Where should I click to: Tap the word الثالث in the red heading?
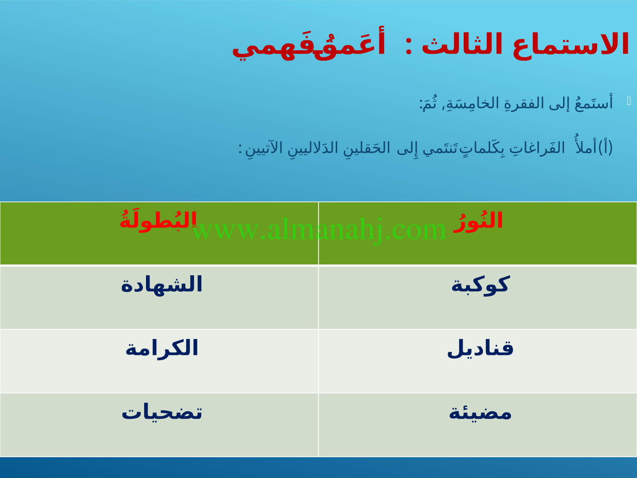(x=462, y=43)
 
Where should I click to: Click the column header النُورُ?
(x=478, y=221)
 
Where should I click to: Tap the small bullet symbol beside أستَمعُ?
(x=629, y=101)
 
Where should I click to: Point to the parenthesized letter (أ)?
(x=605, y=147)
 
